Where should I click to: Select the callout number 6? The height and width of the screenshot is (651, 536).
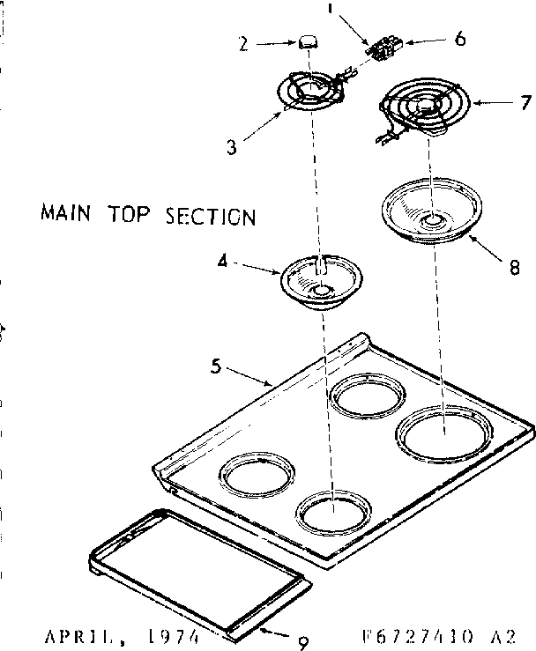pyautogui.click(x=460, y=39)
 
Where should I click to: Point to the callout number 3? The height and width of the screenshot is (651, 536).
pyautogui.click(x=232, y=147)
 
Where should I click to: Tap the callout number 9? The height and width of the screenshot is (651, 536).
pyautogui.click(x=302, y=642)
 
